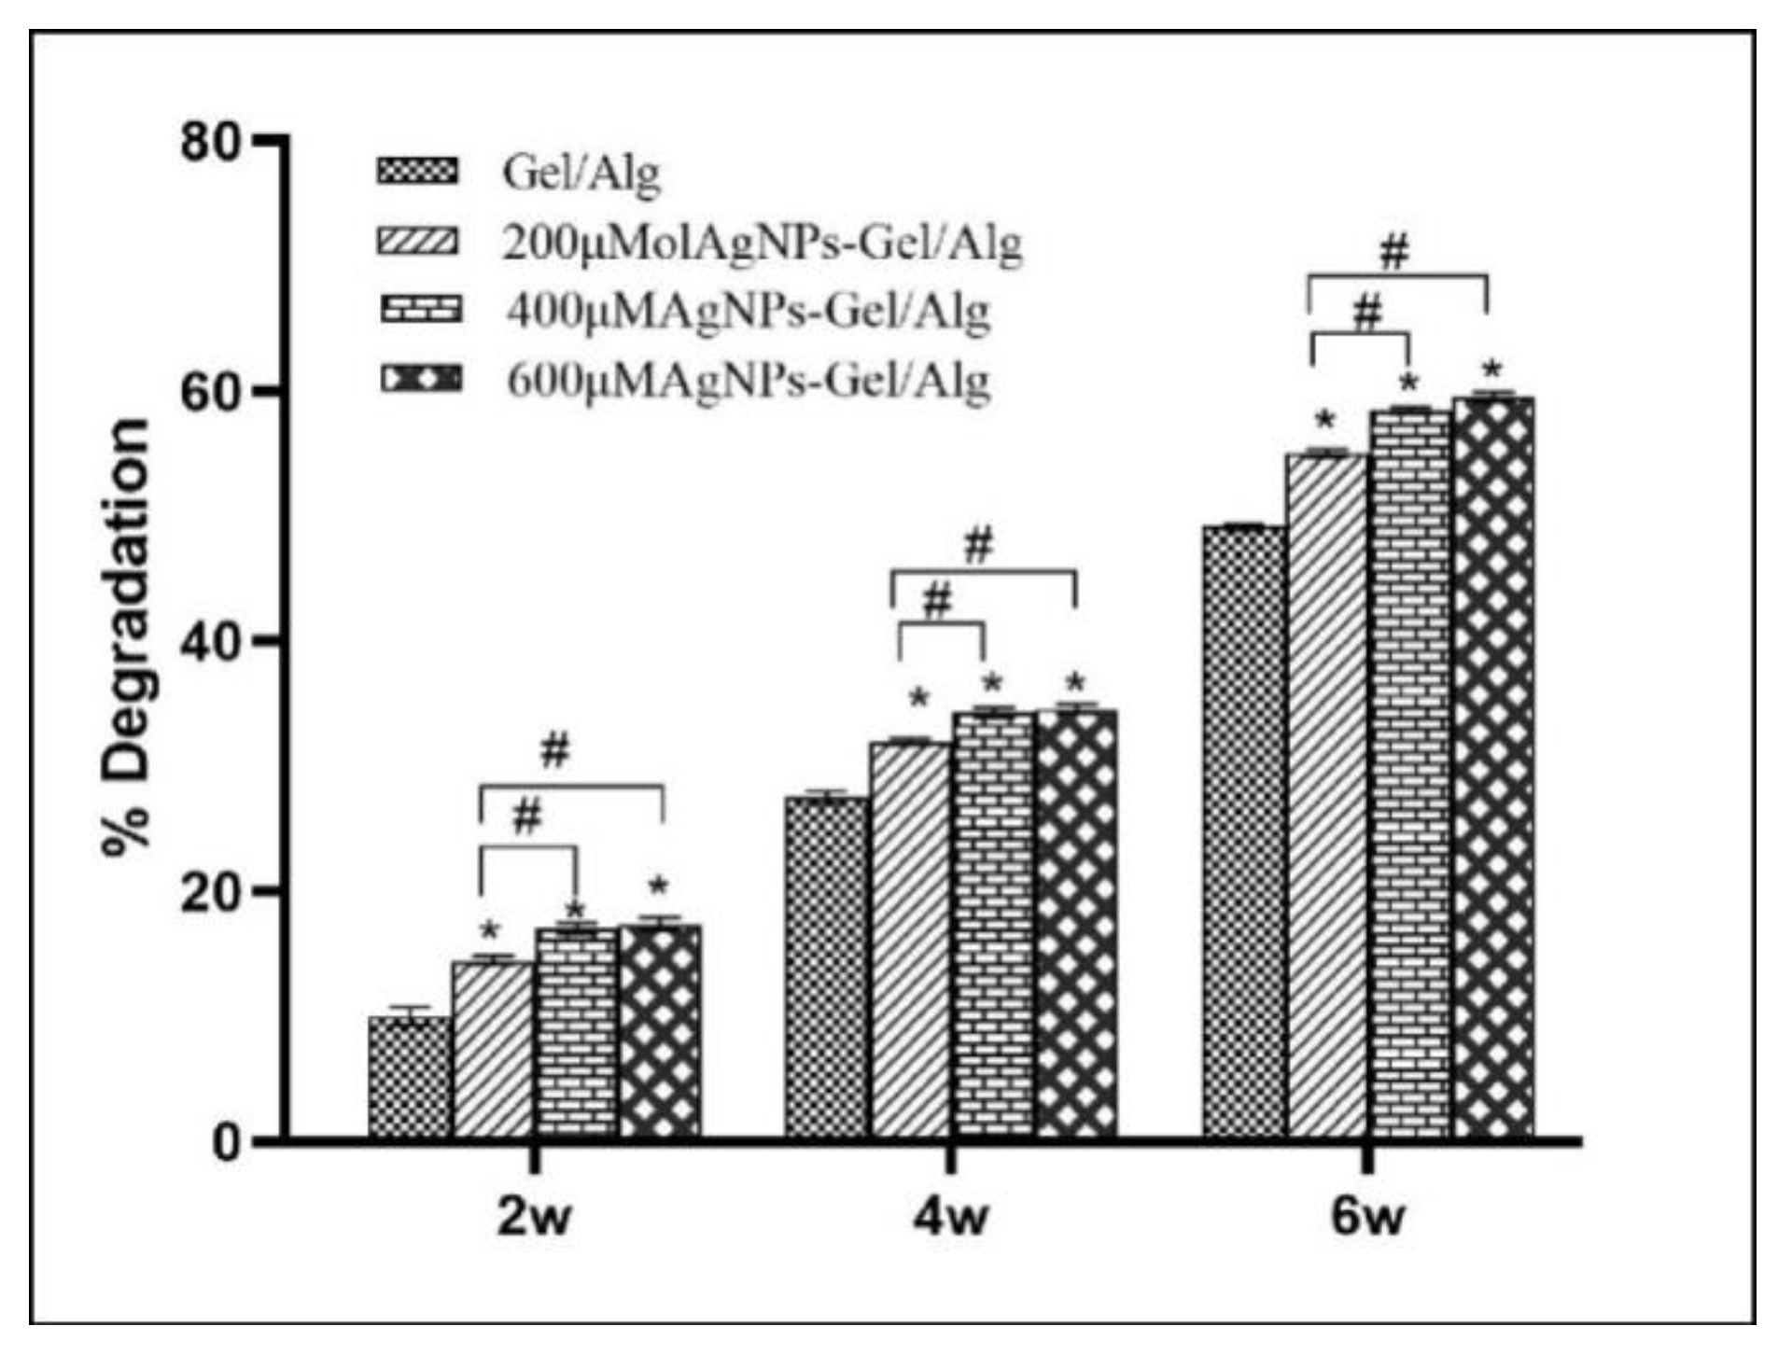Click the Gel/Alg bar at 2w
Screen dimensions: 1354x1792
pyautogui.click(x=410, y=1078)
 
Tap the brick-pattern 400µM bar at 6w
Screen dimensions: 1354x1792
pyautogui.click(x=1410, y=775)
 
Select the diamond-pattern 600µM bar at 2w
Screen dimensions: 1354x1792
pyautogui.click(x=660, y=1031)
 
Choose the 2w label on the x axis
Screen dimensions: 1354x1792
pyautogui.click(x=532, y=1220)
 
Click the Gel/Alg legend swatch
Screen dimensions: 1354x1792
pyautogui.click(x=417, y=173)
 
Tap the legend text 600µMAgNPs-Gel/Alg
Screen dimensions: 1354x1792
pyautogui.click(x=748, y=382)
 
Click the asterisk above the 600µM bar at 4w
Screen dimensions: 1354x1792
pyautogui.click(x=1076, y=682)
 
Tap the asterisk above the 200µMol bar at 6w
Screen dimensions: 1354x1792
pyautogui.click(x=1325, y=420)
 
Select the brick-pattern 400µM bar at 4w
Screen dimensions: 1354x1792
pyautogui.click(x=993, y=924)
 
